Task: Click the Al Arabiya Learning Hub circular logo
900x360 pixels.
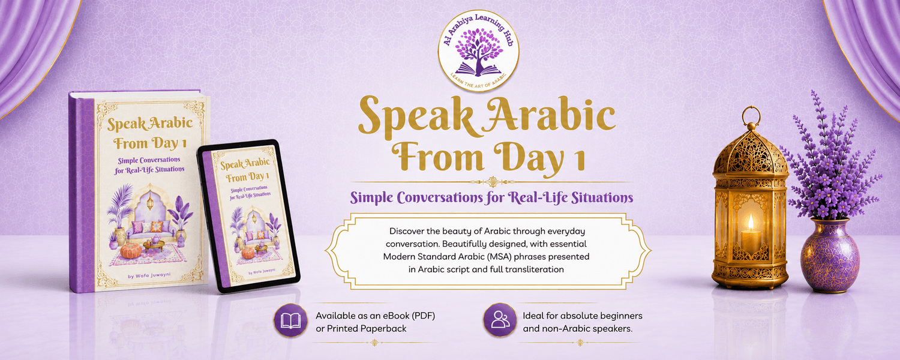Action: coord(478,50)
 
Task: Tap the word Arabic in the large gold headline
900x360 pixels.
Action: coord(547,115)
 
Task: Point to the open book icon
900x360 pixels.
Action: coord(290,320)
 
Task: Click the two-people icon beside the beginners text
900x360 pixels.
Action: coord(500,320)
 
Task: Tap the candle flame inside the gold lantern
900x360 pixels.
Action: coord(750,222)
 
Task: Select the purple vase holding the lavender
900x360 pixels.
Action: coord(830,256)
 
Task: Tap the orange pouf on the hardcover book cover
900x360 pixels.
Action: coord(131,251)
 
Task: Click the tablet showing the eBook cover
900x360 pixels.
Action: coord(248,216)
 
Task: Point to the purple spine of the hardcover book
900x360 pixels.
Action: coord(82,193)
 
